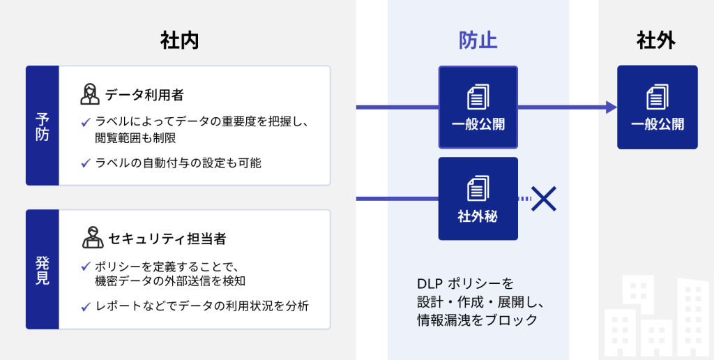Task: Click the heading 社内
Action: pos(179,41)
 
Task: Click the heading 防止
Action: pos(478,41)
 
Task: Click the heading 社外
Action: pos(656,41)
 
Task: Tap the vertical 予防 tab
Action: pos(43,126)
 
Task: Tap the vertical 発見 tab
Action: pos(43,269)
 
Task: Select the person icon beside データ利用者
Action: pos(90,94)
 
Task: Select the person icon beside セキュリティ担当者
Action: pos(93,237)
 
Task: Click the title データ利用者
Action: pos(144,95)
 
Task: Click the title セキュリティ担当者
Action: pos(167,239)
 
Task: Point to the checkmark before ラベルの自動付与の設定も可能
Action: pos(86,163)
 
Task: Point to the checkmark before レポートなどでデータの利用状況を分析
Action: pos(86,307)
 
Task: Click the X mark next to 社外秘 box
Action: pos(544,199)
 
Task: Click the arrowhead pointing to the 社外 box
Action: pos(611,107)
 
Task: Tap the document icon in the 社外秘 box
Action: pos(478,188)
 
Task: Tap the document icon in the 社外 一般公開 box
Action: pos(657,97)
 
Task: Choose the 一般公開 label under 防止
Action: pos(478,124)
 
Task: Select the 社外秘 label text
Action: pos(478,216)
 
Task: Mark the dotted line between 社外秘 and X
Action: pos(524,199)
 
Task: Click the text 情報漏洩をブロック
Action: pos(477,320)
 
